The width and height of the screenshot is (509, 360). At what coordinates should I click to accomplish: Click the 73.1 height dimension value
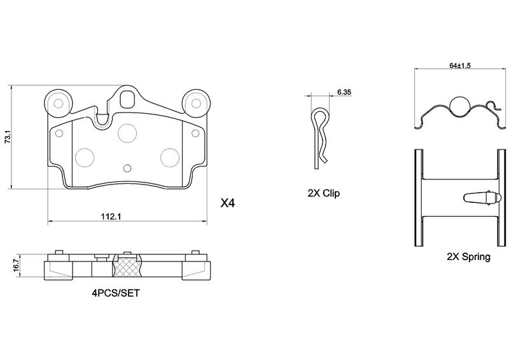point(8,137)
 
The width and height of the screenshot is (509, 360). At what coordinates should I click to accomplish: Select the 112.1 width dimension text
point(111,216)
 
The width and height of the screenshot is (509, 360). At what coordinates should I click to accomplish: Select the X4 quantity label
point(227,204)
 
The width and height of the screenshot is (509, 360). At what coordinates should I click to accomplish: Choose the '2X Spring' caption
point(468,258)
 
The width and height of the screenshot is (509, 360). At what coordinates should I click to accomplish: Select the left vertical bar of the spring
point(419,198)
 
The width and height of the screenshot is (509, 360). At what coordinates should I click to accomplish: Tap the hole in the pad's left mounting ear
point(59,103)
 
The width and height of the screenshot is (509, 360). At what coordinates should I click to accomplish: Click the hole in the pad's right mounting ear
point(195,103)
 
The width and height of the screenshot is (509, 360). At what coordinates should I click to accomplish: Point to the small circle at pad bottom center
point(127,169)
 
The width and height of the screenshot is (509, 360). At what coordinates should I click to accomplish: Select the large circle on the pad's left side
point(84,156)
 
